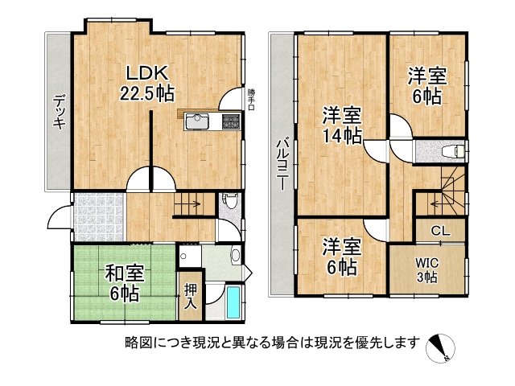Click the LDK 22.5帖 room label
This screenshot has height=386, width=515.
[x=146, y=81]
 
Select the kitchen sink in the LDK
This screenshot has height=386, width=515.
[x=197, y=122]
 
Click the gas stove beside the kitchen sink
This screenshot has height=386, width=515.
[x=230, y=122]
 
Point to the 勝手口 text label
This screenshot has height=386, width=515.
[x=251, y=101]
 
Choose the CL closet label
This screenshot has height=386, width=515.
[x=440, y=232]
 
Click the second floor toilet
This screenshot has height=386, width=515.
[x=453, y=150]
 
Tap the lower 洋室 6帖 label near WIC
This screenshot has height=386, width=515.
[x=341, y=256]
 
